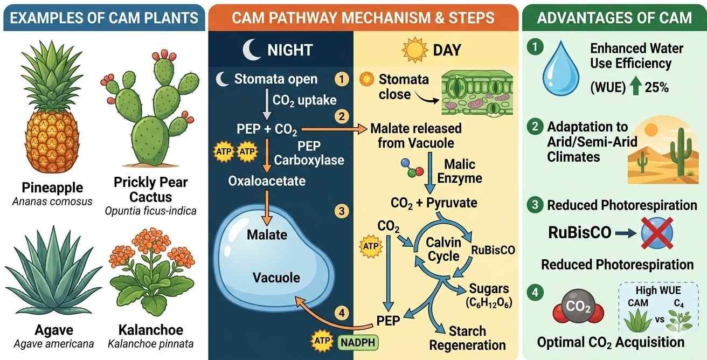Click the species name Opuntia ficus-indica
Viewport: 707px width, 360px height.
coord(150,211)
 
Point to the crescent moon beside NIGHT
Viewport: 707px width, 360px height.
coord(251,50)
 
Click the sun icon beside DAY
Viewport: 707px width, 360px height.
coord(415,50)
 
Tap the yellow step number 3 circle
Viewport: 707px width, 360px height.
coord(341,211)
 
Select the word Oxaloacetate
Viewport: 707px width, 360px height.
coord(267,180)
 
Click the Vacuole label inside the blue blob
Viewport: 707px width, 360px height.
coord(276,278)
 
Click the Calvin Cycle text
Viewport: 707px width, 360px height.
coord(443,249)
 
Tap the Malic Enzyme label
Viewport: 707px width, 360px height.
coord(463,171)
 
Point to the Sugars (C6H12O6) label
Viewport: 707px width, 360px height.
coord(488,294)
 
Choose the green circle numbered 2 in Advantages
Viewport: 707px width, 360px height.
coord(535,127)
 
